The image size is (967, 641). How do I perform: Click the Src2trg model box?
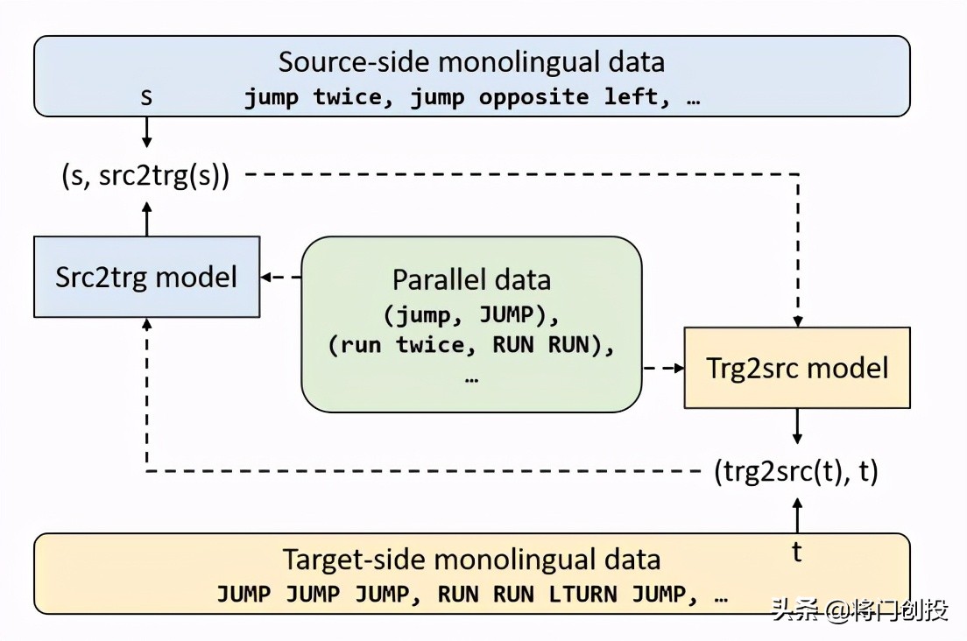(x=146, y=277)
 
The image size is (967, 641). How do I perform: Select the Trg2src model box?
(x=797, y=367)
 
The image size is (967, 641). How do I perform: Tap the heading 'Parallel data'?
(x=471, y=279)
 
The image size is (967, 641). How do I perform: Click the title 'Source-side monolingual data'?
(x=471, y=62)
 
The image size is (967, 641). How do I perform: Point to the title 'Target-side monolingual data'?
(x=471, y=559)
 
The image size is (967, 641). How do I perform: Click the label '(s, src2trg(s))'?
(x=145, y=175)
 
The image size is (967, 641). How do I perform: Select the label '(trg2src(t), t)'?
(x=796, y=472)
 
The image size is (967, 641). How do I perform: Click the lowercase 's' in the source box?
(x=146, y=96)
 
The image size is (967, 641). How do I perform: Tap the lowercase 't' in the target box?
(x=797, y=553)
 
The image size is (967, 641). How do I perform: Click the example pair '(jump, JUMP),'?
(x=471, y=313)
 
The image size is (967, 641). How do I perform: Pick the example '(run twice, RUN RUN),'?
(x=471, y=344)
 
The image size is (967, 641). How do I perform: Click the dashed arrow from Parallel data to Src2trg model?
(x=280, y=278)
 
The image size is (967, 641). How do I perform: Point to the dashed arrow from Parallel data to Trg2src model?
(x=664, y=368)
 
